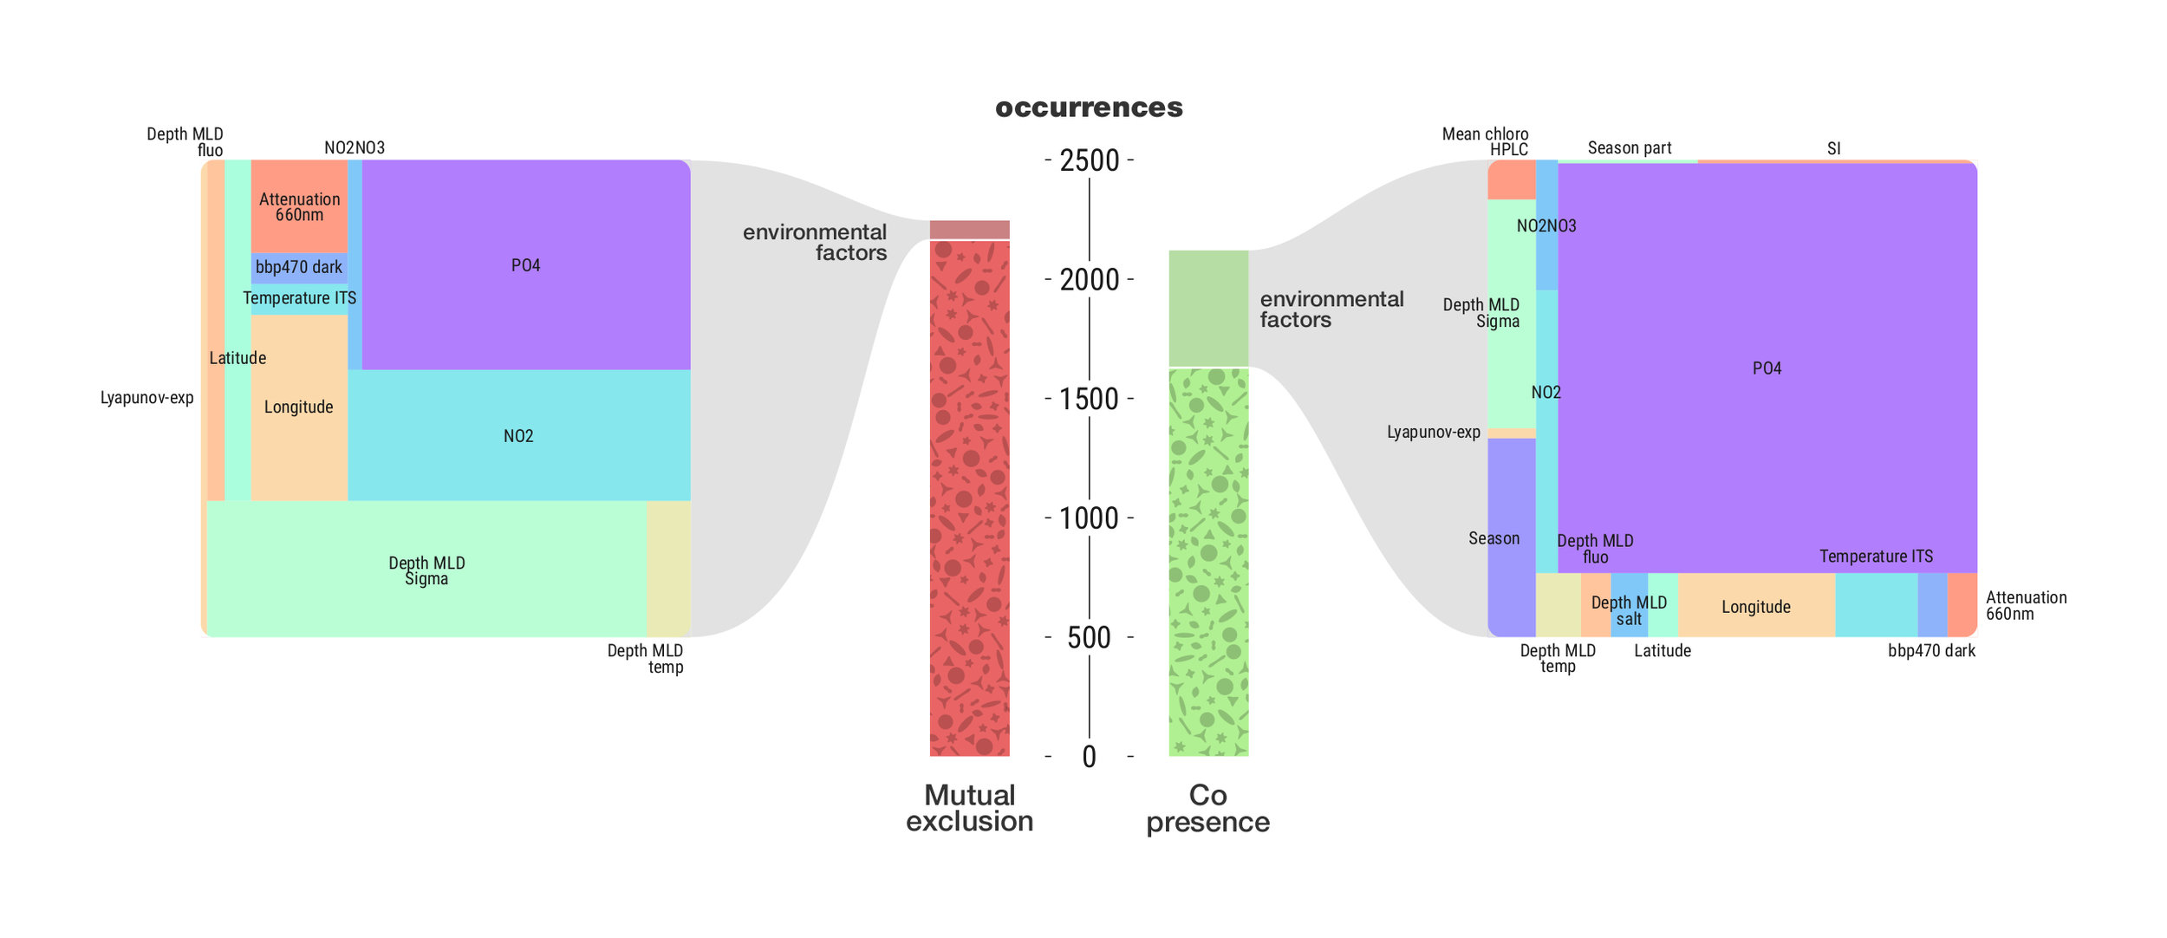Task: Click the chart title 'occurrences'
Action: coord(1089,107)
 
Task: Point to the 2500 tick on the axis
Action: coord(1090,160)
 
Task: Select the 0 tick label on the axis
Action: coord(1090,757)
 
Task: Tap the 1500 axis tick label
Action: coord(1090,399)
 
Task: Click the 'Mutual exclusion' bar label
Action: coord(969,808)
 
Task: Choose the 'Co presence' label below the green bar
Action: coord(1207,808)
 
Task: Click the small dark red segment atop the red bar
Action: coord(969,230)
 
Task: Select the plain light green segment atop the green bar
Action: coord(1207,308)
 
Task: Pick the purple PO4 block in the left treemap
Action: coord(525,265)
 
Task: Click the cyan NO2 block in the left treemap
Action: coord(518,435)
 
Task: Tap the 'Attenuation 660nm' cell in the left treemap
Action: coord(299,206)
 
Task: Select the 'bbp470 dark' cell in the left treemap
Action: coord(299,268)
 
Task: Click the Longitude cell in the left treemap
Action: coord(299,407)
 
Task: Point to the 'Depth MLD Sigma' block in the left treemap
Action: coord(426,570)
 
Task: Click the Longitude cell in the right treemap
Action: coord(1755,606)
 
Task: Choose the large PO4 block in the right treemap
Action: coord(1767,368)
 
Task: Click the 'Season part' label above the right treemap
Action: coord(1629,148)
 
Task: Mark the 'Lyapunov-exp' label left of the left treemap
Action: coord(146,398)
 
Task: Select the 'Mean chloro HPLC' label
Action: coord(1485,141)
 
